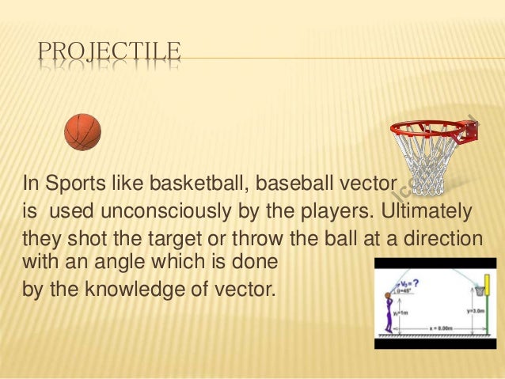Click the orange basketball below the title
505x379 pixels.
(x=82, y=132)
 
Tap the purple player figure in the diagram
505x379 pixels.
(x=389, y=313)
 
